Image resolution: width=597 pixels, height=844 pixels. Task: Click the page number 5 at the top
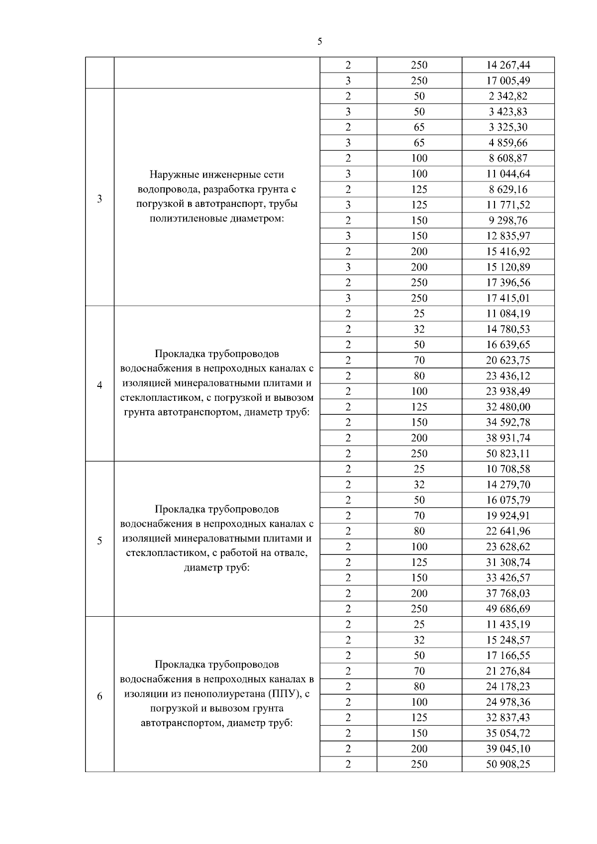319,42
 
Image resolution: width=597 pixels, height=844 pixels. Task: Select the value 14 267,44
508,65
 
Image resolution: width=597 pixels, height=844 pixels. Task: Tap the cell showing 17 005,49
508,81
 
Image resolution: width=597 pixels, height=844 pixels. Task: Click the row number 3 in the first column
99,199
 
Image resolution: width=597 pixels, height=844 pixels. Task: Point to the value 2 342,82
508,96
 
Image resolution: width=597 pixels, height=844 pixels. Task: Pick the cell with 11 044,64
508,174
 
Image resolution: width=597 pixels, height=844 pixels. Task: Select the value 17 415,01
508,298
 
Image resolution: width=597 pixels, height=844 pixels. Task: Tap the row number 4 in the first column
99,385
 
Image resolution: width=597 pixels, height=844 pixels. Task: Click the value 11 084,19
508,314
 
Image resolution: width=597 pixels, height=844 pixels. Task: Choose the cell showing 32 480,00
508,407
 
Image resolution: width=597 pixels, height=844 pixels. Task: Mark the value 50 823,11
508,454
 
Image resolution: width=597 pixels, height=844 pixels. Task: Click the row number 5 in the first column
99,541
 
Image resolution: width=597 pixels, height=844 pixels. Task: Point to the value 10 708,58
508,469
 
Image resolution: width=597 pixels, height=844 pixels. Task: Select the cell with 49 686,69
508,609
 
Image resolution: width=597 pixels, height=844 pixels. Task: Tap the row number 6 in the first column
99,696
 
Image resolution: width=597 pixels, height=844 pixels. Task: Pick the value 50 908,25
508,764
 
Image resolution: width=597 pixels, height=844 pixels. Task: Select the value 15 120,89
508,267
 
